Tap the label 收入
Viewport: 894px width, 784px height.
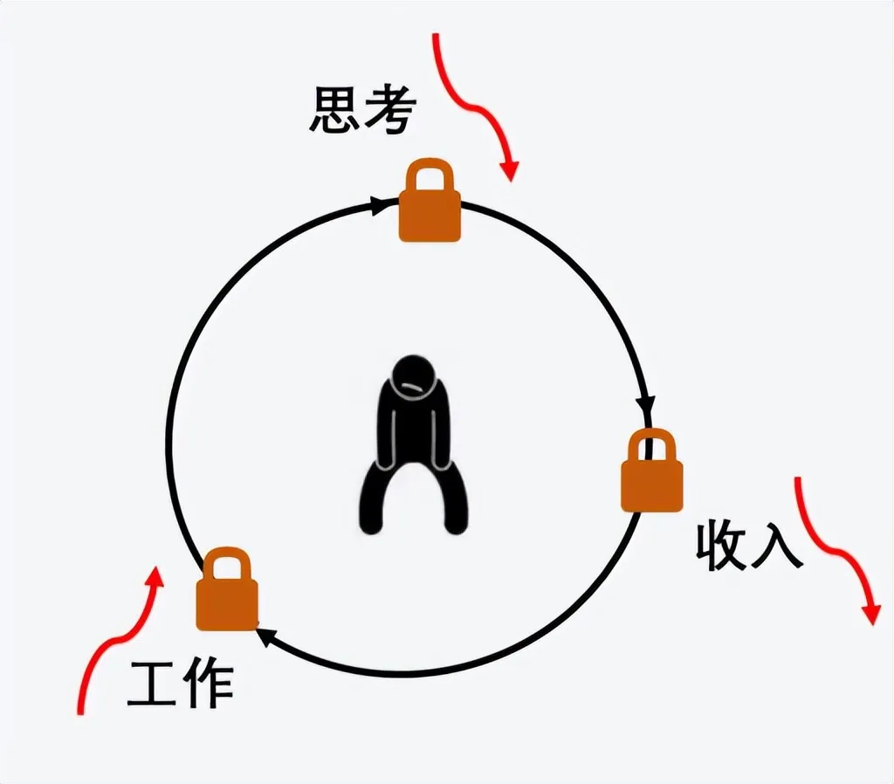tap(748, 547)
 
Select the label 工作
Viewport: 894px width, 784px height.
tap(181, 684)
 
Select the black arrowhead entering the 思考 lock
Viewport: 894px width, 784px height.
tap(381, 206)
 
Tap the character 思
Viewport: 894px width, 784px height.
tap(335, 110)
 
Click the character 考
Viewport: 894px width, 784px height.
tap(389, 111)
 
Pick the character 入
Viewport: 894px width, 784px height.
tap(776, 547)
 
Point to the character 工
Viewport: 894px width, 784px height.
tap(153, 684)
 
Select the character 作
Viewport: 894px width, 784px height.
tap(208, 684)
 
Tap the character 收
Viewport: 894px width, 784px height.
tap(721, 547)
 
